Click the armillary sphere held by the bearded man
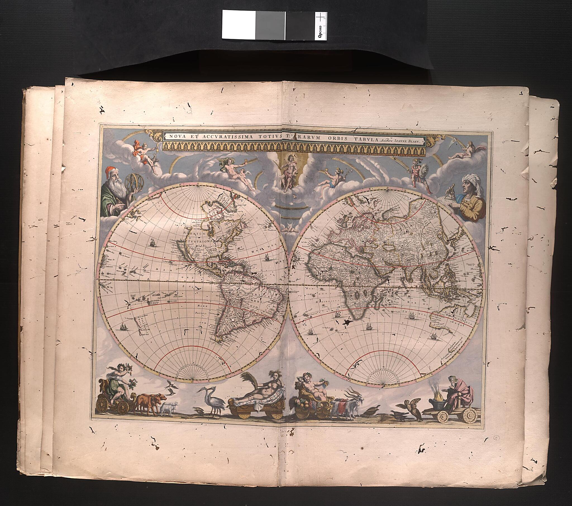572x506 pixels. coord(134,182)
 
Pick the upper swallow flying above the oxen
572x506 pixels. coord(171,385)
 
